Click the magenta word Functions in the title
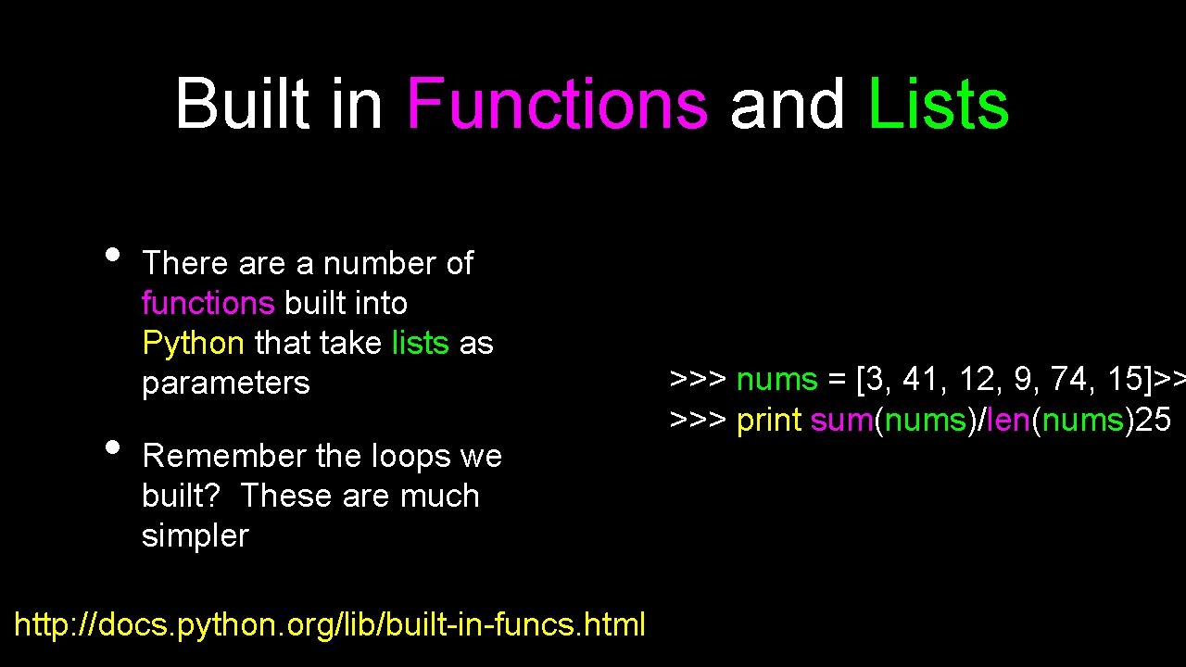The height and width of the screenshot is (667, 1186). click(x=557, y=104)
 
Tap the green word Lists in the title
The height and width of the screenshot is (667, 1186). click(x=938, y=104)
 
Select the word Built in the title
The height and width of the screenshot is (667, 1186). click(x=242, y=104)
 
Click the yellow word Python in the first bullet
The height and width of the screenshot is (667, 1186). click(x=193, y=344)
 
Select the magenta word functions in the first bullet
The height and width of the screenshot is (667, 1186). click(x=208, y=304)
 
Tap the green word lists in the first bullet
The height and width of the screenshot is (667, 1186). click(x=420, y=344)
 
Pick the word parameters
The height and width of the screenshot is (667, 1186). click(x=225, y=384)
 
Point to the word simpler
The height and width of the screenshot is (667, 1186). click(x=195, y=536)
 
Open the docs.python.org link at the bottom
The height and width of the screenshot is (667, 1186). click(x=330, y=624)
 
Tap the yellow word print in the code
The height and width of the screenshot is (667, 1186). click(x=768, y=421)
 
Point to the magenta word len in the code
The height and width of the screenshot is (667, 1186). click(x=1008, y=421)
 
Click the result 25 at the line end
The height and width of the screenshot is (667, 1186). click(x=1153, y=421)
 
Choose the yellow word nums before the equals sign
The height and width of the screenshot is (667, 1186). click(x=776, y=380)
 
